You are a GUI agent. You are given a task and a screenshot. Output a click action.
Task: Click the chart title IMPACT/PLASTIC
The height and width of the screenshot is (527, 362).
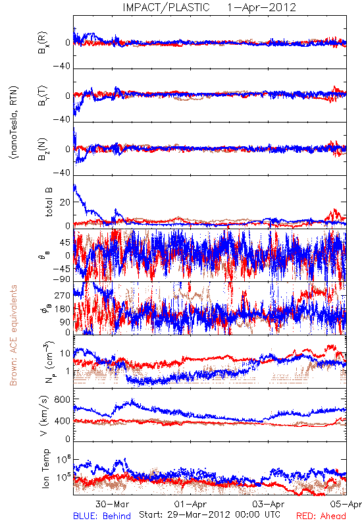pyautogui.click(x=166, y=7)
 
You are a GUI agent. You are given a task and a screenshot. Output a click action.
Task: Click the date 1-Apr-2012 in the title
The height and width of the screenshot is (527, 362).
pyautogui.click(x=261, y=7)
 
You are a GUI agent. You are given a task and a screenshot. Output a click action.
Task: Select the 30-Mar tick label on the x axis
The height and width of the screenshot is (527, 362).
pyautogui.click(x=112, y=504)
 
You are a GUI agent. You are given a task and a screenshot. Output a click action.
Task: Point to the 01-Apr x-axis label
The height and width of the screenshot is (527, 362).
pyautogui.click(x=190, y=504)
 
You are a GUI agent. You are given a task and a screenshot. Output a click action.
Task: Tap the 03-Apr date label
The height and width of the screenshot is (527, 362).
pyautogui.click(x=269, y=504)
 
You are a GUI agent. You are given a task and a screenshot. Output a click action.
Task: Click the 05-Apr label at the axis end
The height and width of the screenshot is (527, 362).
pyautogui.click(x=346, y=504)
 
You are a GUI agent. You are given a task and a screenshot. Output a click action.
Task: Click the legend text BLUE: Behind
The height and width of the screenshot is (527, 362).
pyautogui.click(x=102, y=516)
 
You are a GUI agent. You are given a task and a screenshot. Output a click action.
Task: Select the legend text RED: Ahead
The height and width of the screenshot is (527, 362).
pyautogui.click(x=321, y=516)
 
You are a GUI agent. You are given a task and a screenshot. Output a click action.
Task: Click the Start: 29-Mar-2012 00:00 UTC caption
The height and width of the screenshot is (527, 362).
pyautogui.click(x=209, y=514)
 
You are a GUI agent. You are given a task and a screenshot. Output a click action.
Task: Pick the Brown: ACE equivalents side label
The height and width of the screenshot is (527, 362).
pyautogui.click(x=13, y=335)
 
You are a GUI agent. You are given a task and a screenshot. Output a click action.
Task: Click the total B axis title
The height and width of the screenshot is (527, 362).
pyautogui.click(x=49, y=202)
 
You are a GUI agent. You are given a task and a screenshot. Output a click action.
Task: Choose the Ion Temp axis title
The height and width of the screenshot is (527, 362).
pyautogui.click(x=46, y=468)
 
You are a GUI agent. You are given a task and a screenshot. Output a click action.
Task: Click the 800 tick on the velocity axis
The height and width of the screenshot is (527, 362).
pyautogui.click(x=63, y=400)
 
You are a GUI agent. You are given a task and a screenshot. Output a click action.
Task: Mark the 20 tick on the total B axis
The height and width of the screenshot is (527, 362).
pyautogui.click(x=65, y=202)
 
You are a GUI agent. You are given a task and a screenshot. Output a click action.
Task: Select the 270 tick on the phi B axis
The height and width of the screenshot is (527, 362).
pyautogui.click(x=63, y=295)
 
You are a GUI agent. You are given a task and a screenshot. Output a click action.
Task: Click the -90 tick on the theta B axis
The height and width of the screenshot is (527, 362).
pyautogui.click(x=62, y=279)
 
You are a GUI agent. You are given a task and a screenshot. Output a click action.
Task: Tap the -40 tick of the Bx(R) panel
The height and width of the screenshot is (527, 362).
pyautogui.click(x=62, y=67)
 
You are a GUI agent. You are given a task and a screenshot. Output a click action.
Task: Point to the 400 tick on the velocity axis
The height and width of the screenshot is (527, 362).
pyautogui.click(x=63, y=421)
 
